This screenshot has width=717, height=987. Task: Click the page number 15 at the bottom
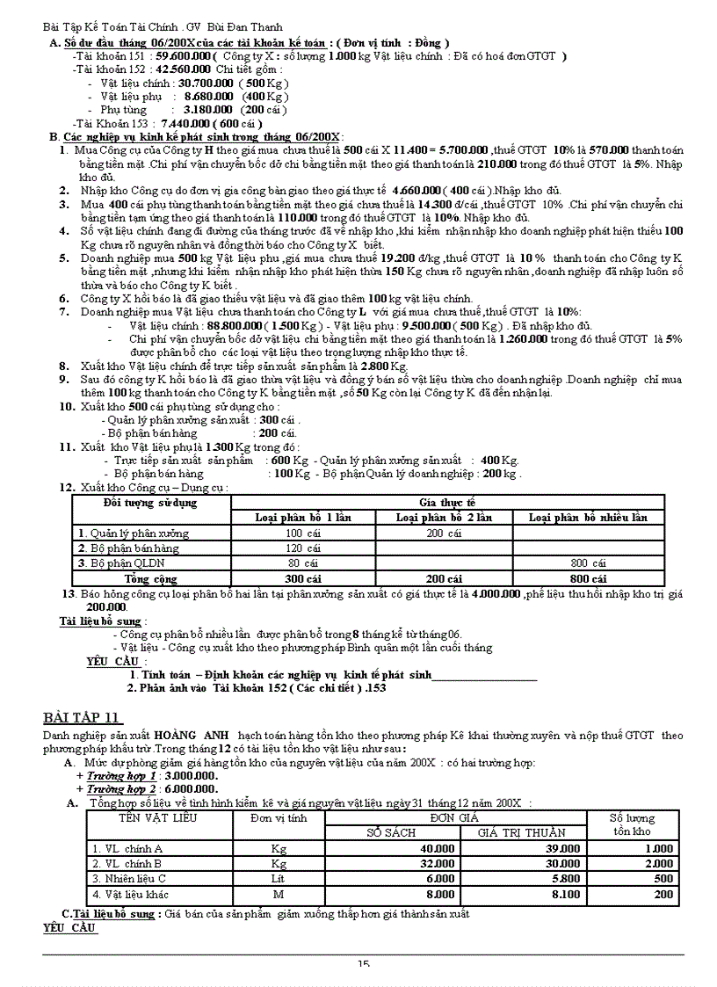coord(363,964)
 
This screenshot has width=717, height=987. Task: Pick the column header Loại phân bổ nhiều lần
coord(588,518)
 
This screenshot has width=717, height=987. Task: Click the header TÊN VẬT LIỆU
coord(159,817)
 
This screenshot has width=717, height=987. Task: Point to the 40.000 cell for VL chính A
coord(437,848)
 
